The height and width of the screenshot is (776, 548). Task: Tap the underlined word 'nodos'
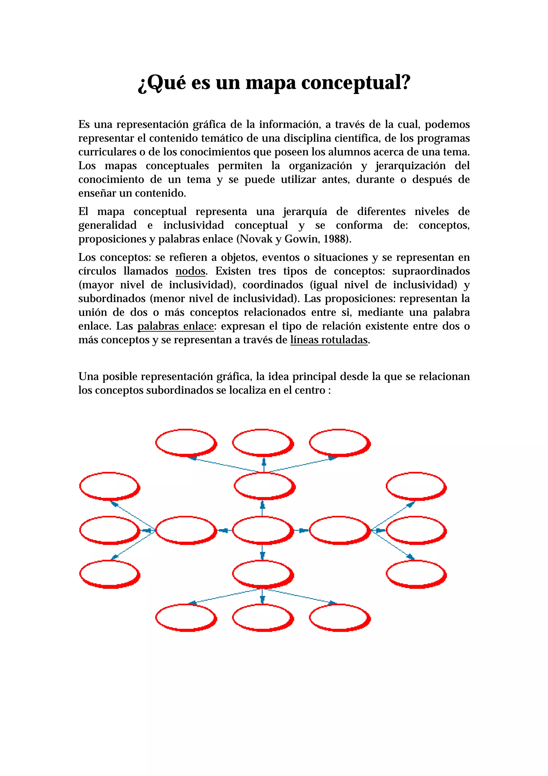pos(190,271)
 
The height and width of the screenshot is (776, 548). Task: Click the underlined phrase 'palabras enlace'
pos(175,326)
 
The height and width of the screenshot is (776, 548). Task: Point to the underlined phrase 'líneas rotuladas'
pos(329,340)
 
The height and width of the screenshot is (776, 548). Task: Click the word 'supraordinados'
pos(431,271)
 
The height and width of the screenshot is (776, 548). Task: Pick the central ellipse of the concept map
pos(262,530)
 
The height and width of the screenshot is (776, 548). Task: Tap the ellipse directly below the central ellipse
pos(262,574)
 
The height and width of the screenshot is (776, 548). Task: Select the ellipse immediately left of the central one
pos(185,530)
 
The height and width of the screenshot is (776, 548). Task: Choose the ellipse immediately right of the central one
pos(339,530)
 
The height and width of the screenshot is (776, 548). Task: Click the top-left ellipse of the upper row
pos(185,442)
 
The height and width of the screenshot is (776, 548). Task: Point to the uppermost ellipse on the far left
pos(109,486)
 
